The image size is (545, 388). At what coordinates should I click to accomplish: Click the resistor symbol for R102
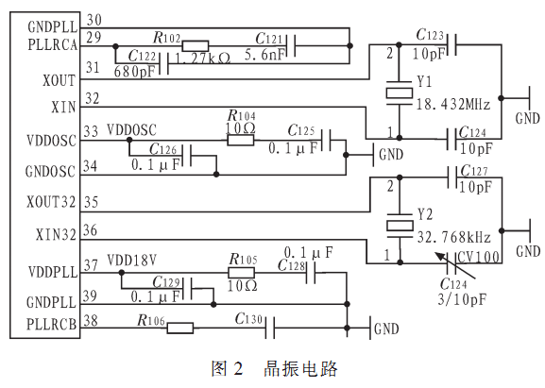[x=196, y=46]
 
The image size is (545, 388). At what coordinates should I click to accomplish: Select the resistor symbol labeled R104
[x=241, y=140]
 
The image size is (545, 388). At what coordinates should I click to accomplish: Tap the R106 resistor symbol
[x=180, y=328]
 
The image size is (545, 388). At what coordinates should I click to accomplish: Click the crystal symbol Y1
[x=400, y=93]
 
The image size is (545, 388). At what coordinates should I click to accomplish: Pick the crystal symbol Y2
[x=400, y=226]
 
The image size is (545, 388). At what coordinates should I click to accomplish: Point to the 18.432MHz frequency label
[x=452, y=104]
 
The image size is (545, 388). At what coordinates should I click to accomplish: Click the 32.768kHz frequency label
[x=453, y=237]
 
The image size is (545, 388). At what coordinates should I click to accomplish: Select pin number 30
[x=94, y=20]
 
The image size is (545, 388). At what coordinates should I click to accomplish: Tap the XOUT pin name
[x=60, y=80]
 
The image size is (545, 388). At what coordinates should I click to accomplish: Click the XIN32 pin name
[x=56, y=235]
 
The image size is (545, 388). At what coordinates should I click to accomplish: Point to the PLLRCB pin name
[x=51, y=324]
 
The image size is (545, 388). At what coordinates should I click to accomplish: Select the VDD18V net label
[x=131, y=260]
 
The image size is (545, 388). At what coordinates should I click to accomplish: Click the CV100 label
[x=479, y=258]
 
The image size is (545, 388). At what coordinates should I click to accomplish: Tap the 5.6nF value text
[x=264, y=55]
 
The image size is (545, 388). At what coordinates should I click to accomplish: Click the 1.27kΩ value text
[x=203, y=59]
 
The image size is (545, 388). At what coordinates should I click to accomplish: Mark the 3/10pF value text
[x=462, y=299]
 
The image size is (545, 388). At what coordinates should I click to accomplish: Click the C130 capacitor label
[x=248, y=318]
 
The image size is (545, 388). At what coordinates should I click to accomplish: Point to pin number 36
[x=90, y=230]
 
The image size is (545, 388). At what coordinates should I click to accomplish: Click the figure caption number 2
[x=238, y=369]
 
